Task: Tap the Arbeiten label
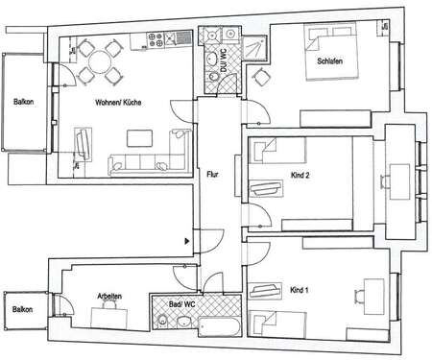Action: [x=108, y=296]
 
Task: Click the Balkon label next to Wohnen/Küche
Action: [x=24, y=102]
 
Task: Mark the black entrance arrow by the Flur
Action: [x=187, y=243]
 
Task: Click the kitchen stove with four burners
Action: [x=172, y=39]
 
